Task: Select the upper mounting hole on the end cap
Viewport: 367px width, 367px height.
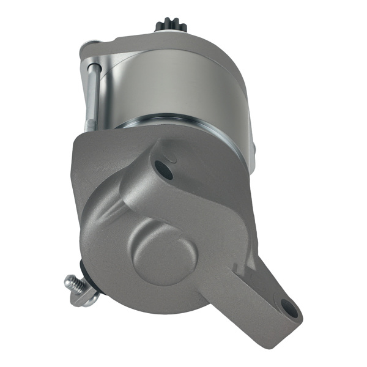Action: click(162, 166)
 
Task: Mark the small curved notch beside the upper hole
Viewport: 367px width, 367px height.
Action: click(174, 160)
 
